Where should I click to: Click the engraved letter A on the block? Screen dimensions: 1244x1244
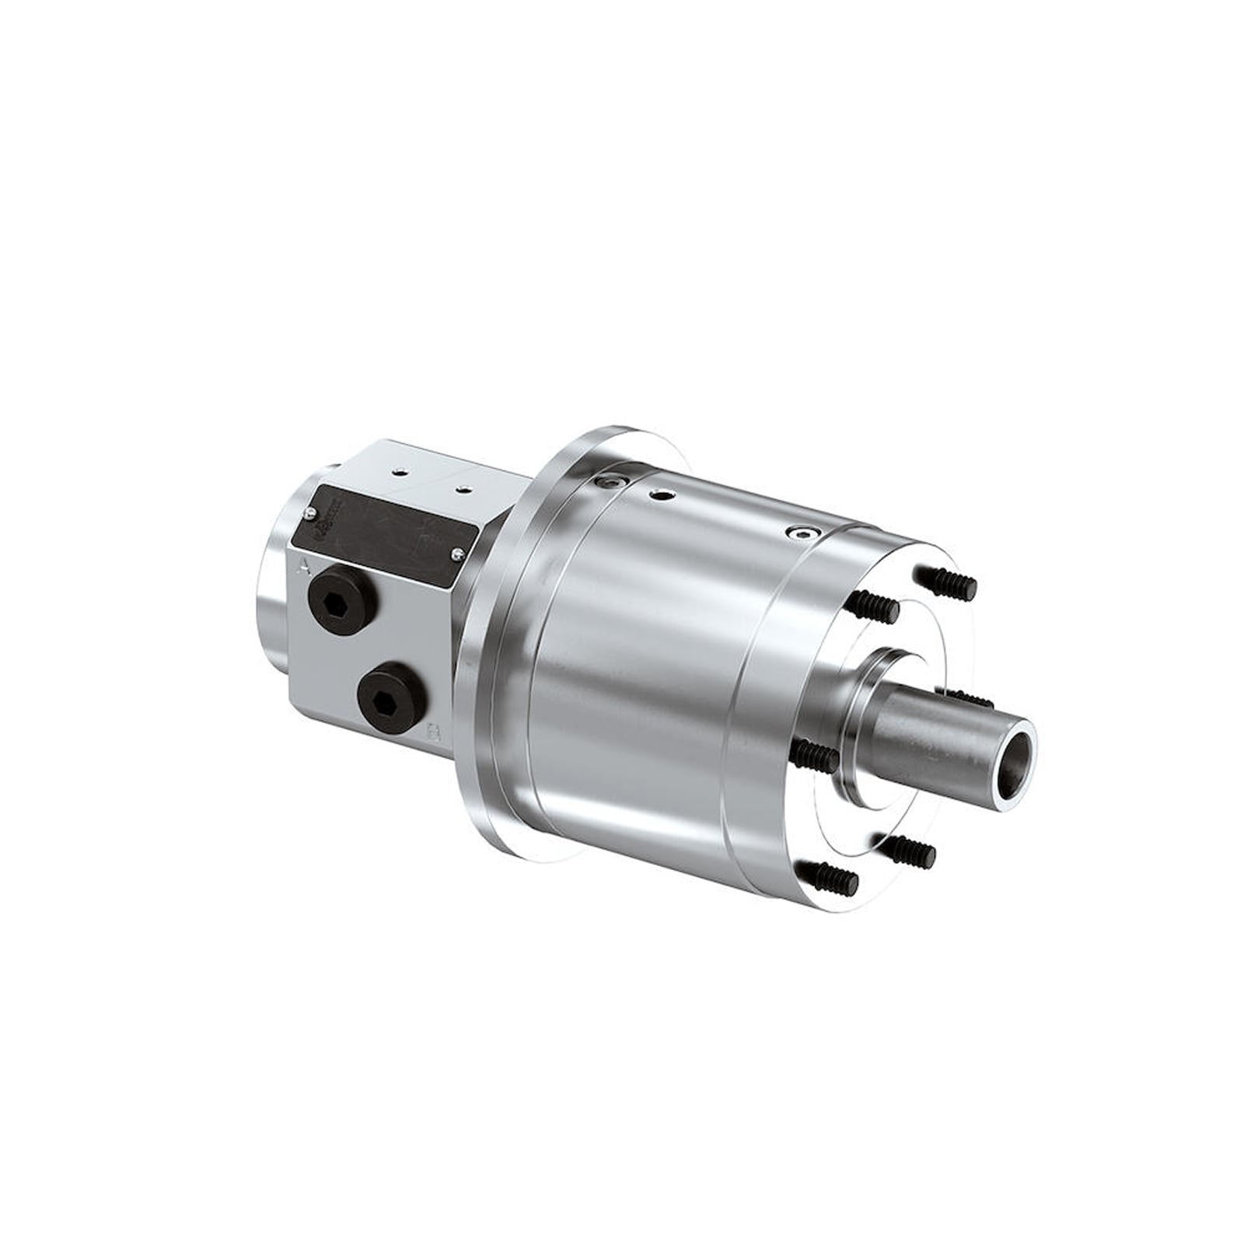(305, 566)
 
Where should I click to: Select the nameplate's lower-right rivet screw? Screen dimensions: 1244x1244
(458, 553)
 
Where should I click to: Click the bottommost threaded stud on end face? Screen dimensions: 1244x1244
(829, 878)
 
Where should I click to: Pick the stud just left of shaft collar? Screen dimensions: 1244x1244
(814, 754)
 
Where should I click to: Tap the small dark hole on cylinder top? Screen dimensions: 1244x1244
(662, 494)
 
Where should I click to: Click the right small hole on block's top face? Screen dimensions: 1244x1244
(464, 488)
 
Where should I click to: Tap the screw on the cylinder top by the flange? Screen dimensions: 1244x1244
(606, 483)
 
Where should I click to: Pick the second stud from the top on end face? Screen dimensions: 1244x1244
(875, 606)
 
